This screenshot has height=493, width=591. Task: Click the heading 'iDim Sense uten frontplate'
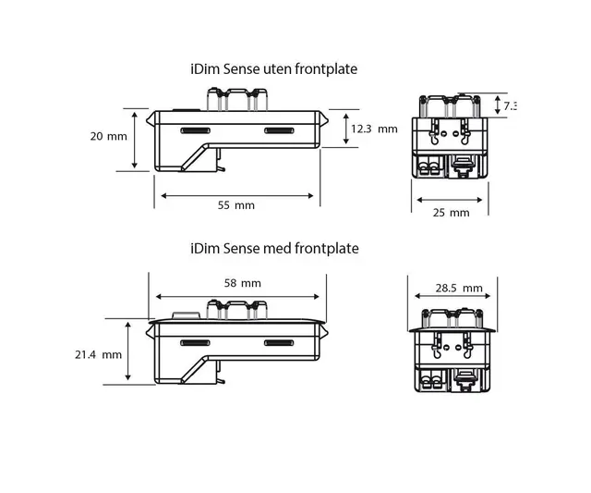pos(272,69)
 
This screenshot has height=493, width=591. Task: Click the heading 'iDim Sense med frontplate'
pos(273,249)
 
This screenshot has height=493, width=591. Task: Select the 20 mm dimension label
pos(110,137)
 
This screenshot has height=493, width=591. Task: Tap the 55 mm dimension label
pos(235,205)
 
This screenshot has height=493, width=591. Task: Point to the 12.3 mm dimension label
pos(375,129)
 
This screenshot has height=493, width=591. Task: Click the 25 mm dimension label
pos(452,213)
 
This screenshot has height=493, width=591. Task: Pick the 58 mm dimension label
pos(243,283)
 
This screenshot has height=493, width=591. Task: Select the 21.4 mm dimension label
pos(99,354)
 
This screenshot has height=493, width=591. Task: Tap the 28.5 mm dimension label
pos(459,289)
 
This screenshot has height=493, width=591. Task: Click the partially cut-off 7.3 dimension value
pos(510,106)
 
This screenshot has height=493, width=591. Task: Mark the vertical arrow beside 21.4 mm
pos(127,351)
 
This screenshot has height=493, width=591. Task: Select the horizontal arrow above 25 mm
pos(450,199)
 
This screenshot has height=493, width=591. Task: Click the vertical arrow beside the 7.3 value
pos(496,105)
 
